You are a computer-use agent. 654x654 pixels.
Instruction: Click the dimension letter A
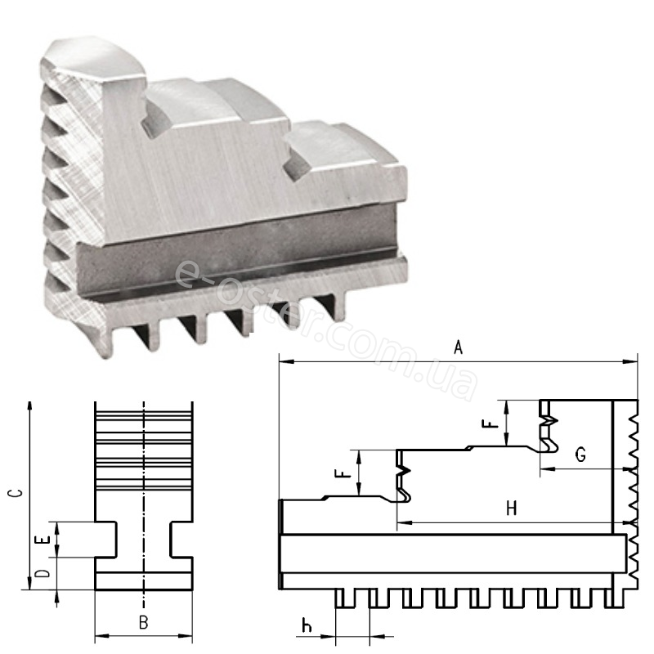coord(458,347)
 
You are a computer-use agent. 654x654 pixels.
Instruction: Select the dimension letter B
coord(144,622)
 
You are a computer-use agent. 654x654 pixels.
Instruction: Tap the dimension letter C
coord(16,493)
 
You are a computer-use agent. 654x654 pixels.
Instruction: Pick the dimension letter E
coord(43,540)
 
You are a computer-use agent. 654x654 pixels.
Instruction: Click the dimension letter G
coord(580,455)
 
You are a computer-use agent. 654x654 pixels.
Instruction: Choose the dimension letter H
coord(512,508)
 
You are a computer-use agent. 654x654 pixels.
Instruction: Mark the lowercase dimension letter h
coord(307,625)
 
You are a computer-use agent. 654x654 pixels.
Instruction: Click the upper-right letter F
coord(490,424)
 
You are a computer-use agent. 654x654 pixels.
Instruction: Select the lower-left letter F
coord(343,474)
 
